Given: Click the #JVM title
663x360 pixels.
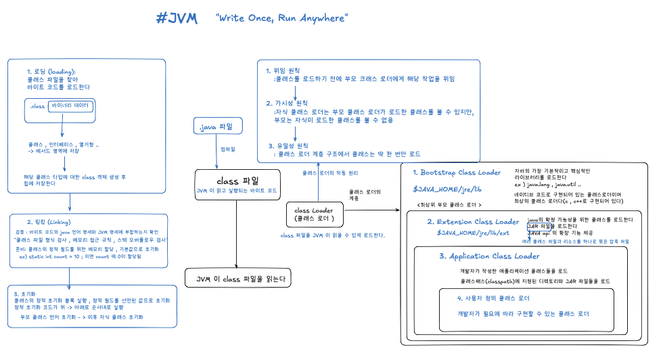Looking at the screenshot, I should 176,19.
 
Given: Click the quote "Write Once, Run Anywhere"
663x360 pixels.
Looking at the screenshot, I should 281,18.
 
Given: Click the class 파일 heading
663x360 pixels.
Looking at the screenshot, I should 237,181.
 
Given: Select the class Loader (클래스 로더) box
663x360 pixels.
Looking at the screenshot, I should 315,214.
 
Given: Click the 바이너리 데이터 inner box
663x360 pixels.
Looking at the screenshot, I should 70,106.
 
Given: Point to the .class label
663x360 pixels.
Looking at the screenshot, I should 37,106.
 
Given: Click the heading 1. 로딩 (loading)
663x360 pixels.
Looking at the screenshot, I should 51,72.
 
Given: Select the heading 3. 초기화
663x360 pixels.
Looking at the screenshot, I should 24,294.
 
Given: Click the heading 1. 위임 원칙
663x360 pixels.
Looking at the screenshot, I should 283,70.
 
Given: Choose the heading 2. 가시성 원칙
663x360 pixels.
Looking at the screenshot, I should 287,103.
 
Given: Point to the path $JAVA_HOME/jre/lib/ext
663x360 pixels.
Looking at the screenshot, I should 473,233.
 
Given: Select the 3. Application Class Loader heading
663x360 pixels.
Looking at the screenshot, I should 489,256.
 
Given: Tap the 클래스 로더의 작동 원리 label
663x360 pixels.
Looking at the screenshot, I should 329,173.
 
